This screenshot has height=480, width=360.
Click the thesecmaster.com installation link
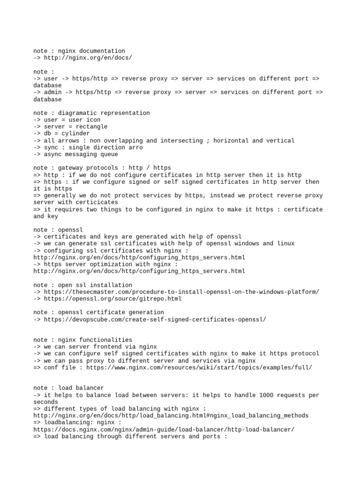181,292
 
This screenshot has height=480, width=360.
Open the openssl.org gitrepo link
112,299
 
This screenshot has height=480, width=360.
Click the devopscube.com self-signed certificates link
155,319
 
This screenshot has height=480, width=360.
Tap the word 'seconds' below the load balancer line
45,402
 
